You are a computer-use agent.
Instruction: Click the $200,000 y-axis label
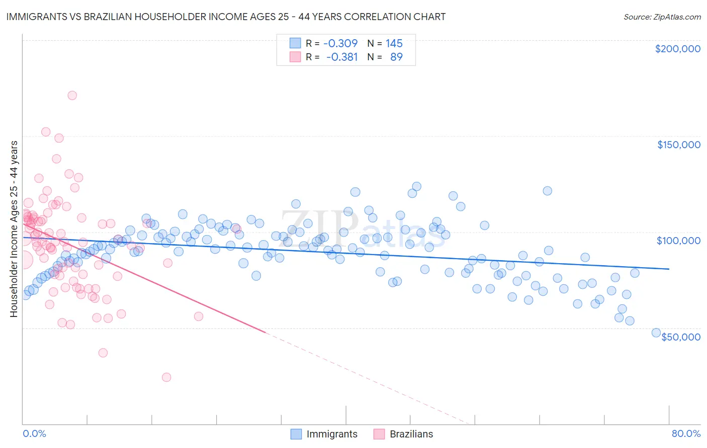[677, 49]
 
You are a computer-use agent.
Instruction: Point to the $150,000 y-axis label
[678, 145]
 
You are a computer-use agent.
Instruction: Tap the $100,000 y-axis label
[678, 241]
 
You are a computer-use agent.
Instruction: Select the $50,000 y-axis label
[680, 337]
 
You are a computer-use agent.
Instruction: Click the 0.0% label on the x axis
[34, 433]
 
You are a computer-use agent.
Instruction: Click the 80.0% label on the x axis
[686, 433]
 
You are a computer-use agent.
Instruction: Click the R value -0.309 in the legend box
[340, 44]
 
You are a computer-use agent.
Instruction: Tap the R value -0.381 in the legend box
[342, 57]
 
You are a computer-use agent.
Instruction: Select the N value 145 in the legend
[394, 44]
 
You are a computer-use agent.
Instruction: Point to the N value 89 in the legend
[396, 57]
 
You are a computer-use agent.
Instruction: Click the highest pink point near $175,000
[72, 95]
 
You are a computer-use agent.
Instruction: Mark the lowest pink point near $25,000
[166, 377]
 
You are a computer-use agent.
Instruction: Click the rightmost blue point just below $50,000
[656, 332]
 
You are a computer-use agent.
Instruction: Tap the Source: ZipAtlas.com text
[662, 17]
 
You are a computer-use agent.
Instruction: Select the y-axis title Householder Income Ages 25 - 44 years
[14, 229]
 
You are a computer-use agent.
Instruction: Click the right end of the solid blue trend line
[669, 269]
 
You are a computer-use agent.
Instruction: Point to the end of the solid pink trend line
[265, 332]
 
